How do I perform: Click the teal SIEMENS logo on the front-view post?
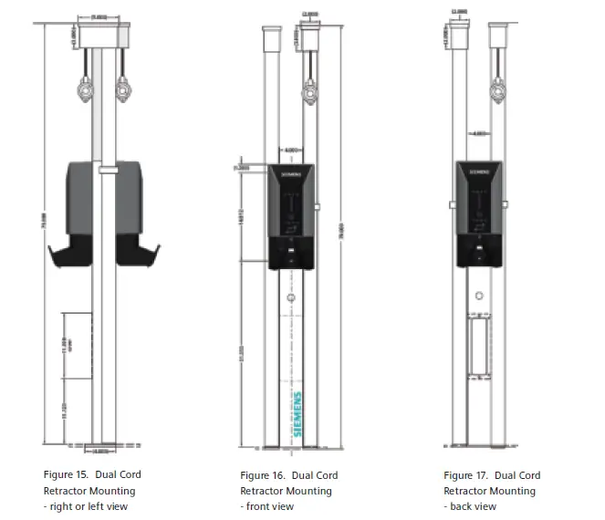click(x=298, y=416)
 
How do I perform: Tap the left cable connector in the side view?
click(x=87, y=91)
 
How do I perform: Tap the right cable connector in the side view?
click(x=122, y=91)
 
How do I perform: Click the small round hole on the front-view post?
click(x=291, y=298)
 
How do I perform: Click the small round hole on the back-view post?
click(x=477, y=296)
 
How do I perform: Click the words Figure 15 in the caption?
click(x=66, y=474)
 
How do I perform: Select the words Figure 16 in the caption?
click(x=263, y=475)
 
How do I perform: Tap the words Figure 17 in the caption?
click(x=466, y=475)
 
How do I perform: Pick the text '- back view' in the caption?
click(x=470, y=506)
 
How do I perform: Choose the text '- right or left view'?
click(x=86, y=506)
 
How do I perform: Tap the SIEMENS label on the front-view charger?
click(x=289, y=172)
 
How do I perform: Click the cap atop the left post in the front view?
click(x=270, y=40)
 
